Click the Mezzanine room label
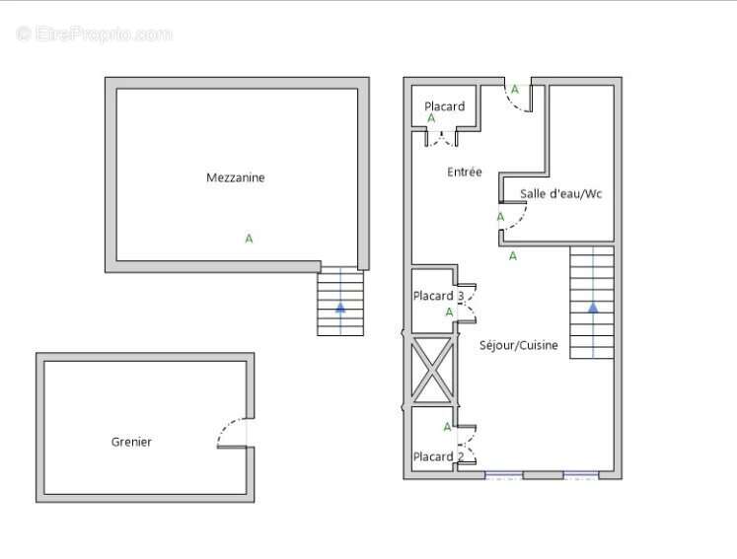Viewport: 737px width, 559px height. [x=235, y=178]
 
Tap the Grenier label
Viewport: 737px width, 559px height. [x=131, y=443]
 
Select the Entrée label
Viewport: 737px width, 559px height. [x=465, y=173]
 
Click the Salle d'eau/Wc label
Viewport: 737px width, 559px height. [x=560, y=194]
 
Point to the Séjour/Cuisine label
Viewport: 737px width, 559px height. [x=518, y=346]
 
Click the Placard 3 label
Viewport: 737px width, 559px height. [x=438, y=297]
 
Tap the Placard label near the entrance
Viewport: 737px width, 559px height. [x=444, y=106]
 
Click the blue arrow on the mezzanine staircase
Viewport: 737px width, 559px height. [x=340, y=307]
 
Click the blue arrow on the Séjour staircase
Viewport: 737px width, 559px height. [x=593, y=307]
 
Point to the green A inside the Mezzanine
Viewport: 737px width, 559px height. [x=249, y=239]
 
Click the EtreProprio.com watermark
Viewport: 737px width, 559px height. [x=95, y=35]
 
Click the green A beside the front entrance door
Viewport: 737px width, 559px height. [x=514, y=89]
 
